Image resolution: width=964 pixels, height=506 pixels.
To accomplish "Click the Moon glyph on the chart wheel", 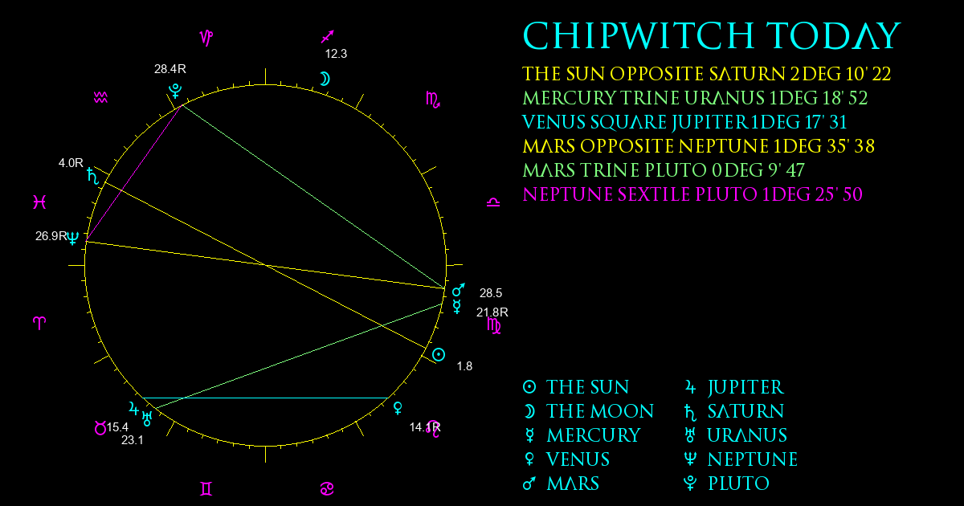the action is pos(325,79).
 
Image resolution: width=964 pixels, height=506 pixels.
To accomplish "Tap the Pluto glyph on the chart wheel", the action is pos(175,91).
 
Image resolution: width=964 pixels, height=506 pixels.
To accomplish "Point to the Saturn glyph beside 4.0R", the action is pos(92,176).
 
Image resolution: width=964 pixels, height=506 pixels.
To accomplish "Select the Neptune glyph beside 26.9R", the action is pos(73,238).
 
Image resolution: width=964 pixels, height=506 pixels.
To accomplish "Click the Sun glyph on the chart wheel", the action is pos(439,355).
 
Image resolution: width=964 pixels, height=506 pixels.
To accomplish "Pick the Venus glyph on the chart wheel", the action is pos(398,408).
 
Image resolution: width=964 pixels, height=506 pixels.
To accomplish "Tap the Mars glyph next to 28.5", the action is pos(459,290).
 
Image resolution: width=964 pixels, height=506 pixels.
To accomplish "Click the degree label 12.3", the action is pos(336,54).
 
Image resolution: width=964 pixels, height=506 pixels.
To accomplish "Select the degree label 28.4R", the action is pos(170,69).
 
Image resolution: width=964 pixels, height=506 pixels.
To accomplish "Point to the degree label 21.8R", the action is pos(492,312).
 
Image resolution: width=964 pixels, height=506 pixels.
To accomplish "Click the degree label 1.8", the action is pos(464,366).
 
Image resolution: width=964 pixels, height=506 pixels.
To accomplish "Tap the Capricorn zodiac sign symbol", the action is pos(206,38).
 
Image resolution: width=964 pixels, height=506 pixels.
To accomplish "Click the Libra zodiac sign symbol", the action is pos(493,202).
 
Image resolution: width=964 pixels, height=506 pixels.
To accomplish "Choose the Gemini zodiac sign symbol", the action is pos(206,488).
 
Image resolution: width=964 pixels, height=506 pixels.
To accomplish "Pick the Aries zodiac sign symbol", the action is pos(39,323).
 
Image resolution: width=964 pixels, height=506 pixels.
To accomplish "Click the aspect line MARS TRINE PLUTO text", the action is pos(664,170).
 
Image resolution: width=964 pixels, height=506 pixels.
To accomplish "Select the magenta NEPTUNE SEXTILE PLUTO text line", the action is pos(692,194).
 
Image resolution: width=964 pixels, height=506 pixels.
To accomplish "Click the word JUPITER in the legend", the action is pos(745,388).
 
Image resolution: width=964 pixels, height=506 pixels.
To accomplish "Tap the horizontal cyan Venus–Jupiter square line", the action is pos(266,398).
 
